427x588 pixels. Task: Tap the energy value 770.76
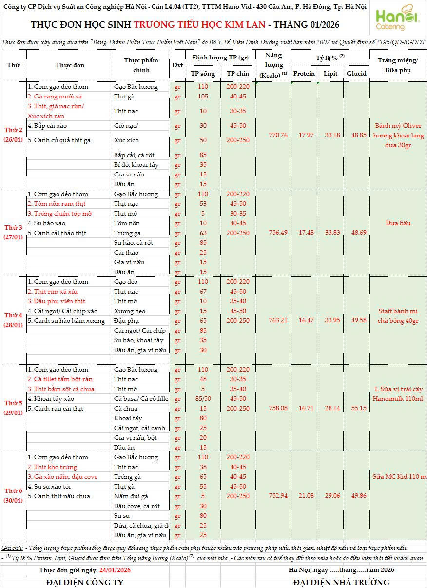click(278, 135)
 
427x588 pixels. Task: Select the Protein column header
click(304, 74)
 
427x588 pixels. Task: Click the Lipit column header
click(330, 74)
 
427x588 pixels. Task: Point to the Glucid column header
click(356, 74)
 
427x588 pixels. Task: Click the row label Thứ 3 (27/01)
click(14, 233)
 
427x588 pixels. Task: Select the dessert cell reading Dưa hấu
click(398, 223)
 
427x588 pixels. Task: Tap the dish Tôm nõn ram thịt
click(57, 204)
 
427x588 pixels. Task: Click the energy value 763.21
click(278, 320)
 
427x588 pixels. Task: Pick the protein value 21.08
click(306, 496)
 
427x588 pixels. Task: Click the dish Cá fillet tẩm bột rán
click(60, 379)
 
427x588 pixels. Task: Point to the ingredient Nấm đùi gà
click(131, 496)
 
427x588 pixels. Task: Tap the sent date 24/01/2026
click(115, 570)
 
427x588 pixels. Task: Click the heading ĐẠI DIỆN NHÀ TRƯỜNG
click(341, 582)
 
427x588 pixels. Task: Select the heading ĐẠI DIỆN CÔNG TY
click(85, 582)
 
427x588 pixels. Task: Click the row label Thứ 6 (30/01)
click(14, 496)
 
